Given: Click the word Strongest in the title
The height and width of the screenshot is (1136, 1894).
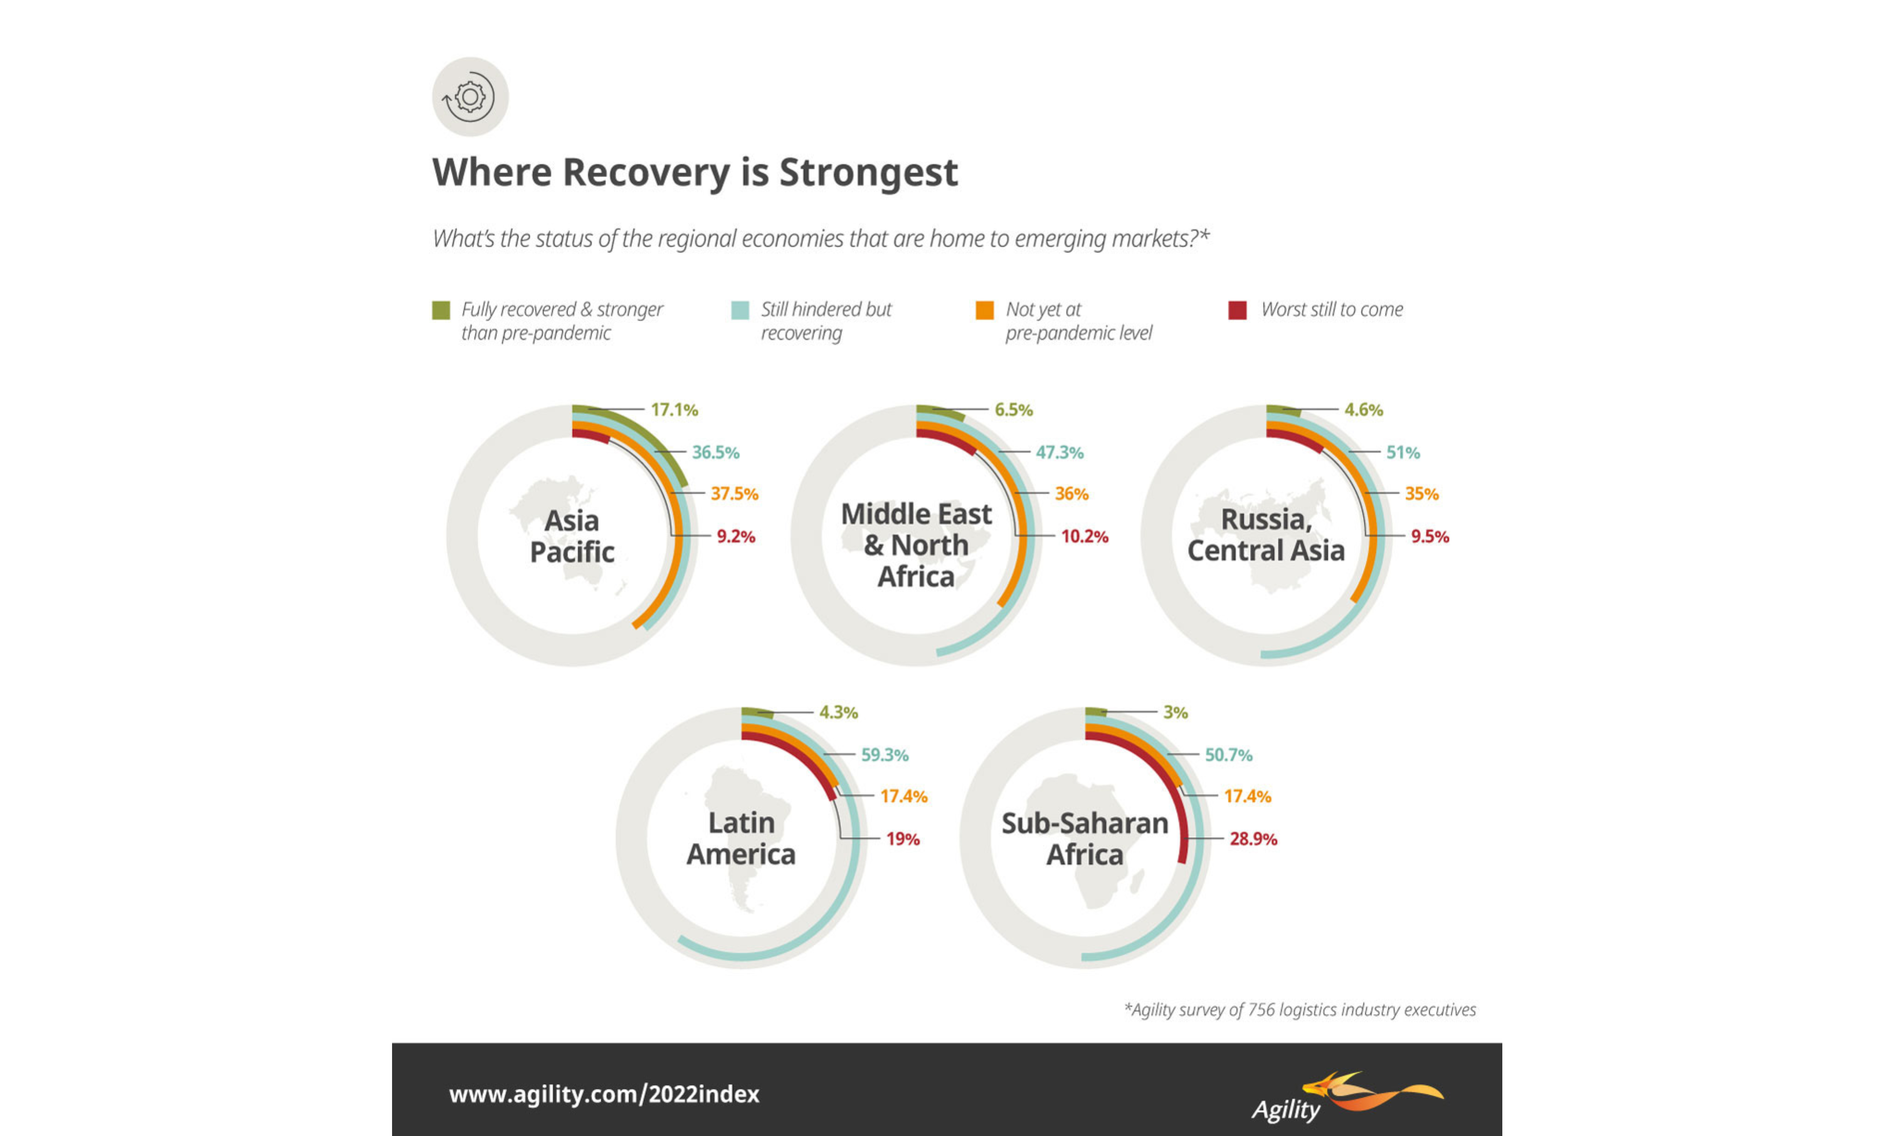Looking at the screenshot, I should (x=868, y=172).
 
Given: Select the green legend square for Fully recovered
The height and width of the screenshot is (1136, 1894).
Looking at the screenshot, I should (x=441, y=310).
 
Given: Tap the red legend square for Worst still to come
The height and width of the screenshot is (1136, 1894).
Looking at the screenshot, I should (x=1237, y=310).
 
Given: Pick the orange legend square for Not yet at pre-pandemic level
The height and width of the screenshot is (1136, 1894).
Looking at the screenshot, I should (x=985, y=310).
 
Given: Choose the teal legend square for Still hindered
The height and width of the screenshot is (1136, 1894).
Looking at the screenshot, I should (x=739, y=310).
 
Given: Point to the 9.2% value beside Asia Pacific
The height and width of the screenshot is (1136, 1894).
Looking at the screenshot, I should (x=736, y=537).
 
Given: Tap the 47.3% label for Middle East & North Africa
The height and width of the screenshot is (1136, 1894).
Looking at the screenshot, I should (x=1060, y=453).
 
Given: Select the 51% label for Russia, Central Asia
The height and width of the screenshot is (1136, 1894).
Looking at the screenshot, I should (x=1403, y=453).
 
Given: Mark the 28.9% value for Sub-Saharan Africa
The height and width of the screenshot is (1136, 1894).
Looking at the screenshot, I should (x=1253, y=839).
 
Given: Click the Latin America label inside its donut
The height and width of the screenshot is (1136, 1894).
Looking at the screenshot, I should (x=741, y=838).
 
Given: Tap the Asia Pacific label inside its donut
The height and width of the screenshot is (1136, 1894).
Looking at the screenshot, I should (x=572, y=536).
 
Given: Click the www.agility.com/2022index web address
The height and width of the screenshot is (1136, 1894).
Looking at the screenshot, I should (x=604, y=1094).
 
